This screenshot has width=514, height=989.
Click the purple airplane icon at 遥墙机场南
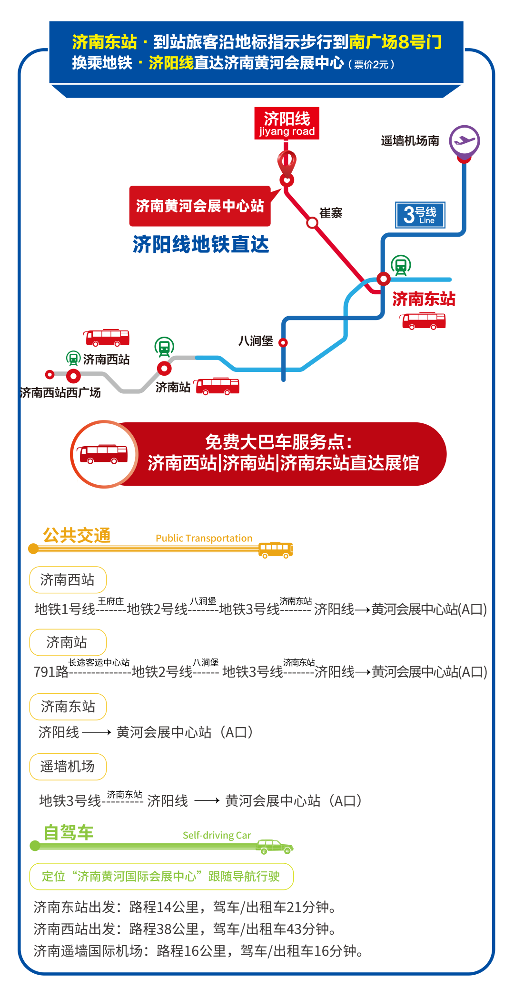[x=465, y=140]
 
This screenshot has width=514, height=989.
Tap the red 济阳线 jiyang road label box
[x=287, y=123]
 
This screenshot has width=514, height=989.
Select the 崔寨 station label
[x=331, y=213]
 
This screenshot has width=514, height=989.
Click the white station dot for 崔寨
[x=312, y=222]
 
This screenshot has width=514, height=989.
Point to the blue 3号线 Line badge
[x=420, y=215]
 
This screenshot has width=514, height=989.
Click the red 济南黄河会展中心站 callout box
[x=200, y=206]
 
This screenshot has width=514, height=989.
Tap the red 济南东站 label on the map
[x=424, y=299]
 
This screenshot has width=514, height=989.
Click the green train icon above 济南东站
[x=401, y=265]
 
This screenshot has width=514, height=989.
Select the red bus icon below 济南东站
[x=424, y=321]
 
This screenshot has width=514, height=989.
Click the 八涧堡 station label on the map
[x=256, y=341]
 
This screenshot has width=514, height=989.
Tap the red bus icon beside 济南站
[x=217, y=386]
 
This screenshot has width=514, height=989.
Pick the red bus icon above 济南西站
[x=107, y=337]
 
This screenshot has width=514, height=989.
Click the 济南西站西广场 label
[x=60, y=392]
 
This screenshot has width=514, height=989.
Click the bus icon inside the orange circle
[x=104, y=454]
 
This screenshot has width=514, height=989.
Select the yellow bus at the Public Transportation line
[x=276, y=549]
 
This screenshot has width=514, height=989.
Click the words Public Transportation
[x=204, y=538]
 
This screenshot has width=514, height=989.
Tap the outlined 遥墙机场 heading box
[x=68, y=767]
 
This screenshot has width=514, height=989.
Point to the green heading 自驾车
[x=69, y=833]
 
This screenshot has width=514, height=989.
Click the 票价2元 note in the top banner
[x=371, y=65]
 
